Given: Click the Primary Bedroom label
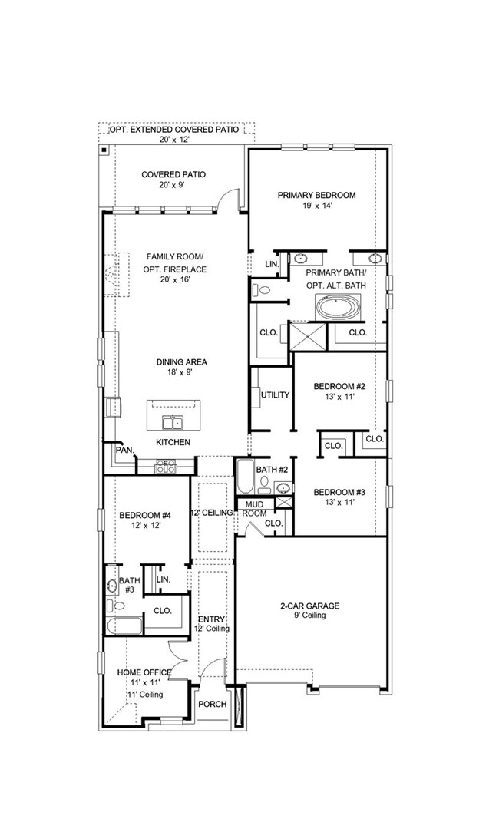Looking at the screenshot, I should tap(316, 195).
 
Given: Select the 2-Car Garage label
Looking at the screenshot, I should tap(309, 606).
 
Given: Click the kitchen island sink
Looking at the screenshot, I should tap(171, 422).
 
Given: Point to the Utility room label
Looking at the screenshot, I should tap(275, 395).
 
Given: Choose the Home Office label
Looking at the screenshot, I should tap(144, 672).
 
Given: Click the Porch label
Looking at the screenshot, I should tap(213, 704).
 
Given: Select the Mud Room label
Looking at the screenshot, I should tap(255, 508).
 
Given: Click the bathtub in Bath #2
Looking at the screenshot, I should tap(244, 477).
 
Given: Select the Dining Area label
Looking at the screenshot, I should tap(182, 362).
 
